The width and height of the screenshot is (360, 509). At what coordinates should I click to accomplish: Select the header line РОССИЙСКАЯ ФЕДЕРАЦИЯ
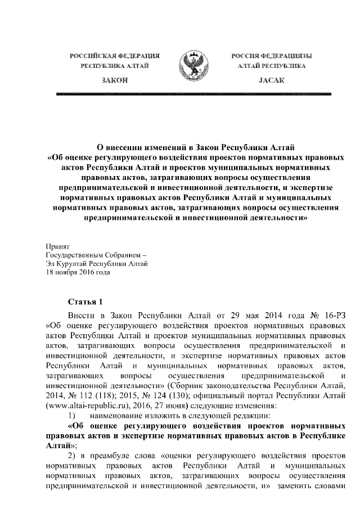point(114,56)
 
